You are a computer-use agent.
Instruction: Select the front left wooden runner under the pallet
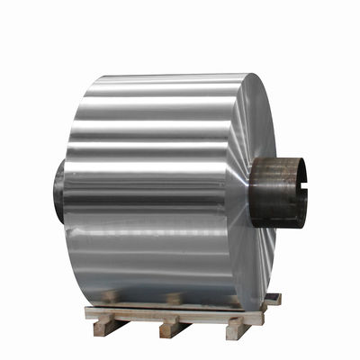106,327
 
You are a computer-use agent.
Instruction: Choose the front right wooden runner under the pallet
237,325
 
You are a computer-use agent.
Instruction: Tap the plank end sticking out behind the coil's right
272,299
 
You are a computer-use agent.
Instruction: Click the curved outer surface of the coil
144,180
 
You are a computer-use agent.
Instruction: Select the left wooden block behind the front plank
110,296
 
